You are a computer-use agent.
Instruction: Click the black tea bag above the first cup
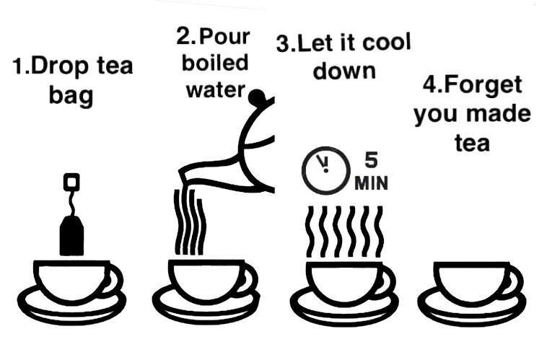71,235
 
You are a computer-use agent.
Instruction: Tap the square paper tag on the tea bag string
71,181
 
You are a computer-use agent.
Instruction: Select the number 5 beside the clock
371,160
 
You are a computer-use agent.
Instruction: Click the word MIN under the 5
371,183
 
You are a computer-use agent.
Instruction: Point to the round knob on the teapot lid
256,97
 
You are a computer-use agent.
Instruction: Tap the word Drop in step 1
59,67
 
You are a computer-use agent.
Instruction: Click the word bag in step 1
71,96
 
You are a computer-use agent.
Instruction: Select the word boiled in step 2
215,63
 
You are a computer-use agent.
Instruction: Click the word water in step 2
215,90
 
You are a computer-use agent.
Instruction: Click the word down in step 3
344,71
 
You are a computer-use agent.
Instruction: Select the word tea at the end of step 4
472,143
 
